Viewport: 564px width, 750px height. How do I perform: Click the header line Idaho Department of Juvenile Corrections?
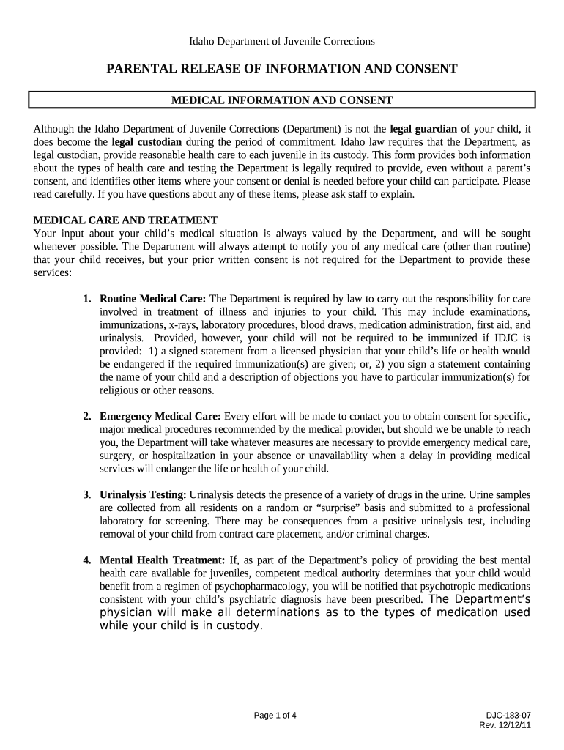tap(282, 42)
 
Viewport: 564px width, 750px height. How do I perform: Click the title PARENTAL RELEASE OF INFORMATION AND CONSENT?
tap(282, 69)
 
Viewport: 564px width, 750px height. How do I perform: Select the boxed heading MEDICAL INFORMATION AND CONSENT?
tap(282, 100)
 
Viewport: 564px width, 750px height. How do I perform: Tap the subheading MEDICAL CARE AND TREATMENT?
tap(126, 220)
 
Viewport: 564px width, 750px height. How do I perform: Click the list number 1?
tap(86, 299)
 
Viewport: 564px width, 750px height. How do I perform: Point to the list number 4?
tap(86, 560)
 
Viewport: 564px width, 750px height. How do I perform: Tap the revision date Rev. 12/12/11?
tap(505, 725)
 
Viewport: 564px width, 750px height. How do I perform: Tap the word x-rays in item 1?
tap(182, 325)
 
